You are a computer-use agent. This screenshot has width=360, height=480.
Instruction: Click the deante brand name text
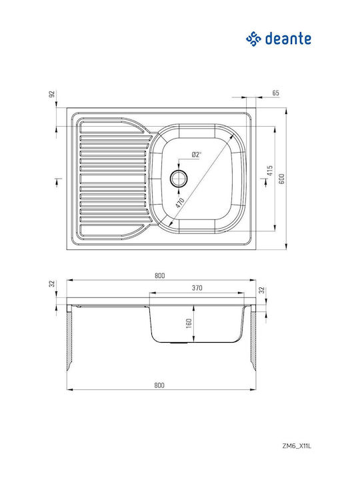[288, 39]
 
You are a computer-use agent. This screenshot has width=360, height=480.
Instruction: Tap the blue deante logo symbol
[253, 39]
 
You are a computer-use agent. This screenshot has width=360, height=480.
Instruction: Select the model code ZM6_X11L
[296, 446]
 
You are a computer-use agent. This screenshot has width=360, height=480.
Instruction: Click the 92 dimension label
[52, 94]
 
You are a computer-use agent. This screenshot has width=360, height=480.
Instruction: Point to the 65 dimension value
[275, 93]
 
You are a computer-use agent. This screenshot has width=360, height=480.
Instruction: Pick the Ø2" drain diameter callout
[196, 155]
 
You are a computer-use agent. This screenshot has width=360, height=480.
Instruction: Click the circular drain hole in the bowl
[179, 179]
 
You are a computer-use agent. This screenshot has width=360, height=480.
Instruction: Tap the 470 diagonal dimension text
[180, 203]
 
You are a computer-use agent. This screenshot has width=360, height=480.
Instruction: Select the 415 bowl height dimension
[270, 171]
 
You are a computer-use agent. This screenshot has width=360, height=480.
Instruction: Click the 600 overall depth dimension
[282, 179]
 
